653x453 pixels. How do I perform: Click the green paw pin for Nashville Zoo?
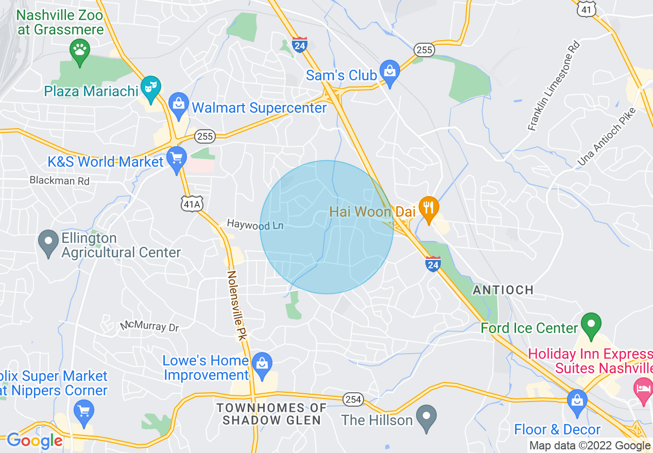[79, 50]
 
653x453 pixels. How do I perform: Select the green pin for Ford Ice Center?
[591, 324]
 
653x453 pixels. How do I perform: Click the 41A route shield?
[192, 204]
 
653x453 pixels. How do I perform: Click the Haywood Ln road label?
[255, 224]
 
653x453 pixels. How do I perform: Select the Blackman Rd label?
[59, 181]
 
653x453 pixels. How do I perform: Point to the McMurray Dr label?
[149, 326]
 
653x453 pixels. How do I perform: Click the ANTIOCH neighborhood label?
[503, 290]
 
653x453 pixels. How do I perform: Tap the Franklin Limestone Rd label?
[554, 85]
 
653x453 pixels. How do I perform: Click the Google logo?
[34, 441]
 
